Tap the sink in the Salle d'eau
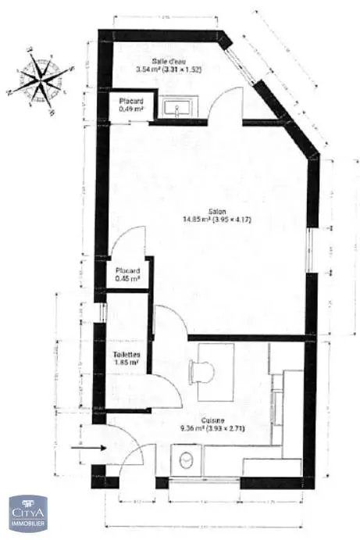click(x=182, y=107)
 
